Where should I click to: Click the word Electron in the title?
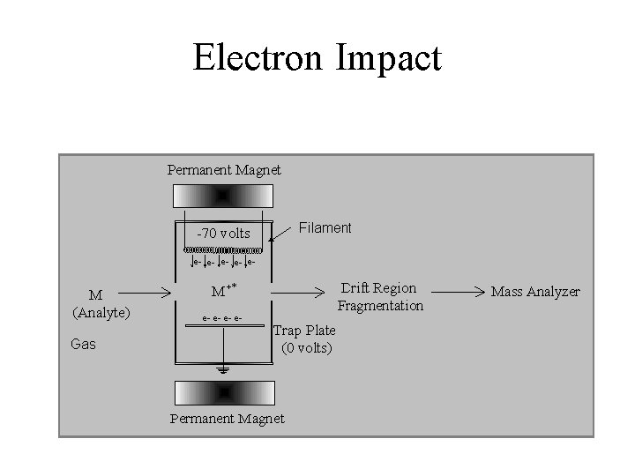coord(256,59)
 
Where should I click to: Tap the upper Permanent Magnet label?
coord(224,169)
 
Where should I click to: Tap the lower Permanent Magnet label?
coord(227,418)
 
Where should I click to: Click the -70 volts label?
coord(223,234)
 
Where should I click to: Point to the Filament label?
coord(325,228)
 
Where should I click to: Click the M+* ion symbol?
coord(226,291)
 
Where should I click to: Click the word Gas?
coord(83,344)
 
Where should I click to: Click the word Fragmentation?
coord(380,306)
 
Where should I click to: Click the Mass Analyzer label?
coord(535,291)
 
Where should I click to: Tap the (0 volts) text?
coord(307,347)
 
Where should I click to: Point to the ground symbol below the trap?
coord(224,371)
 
